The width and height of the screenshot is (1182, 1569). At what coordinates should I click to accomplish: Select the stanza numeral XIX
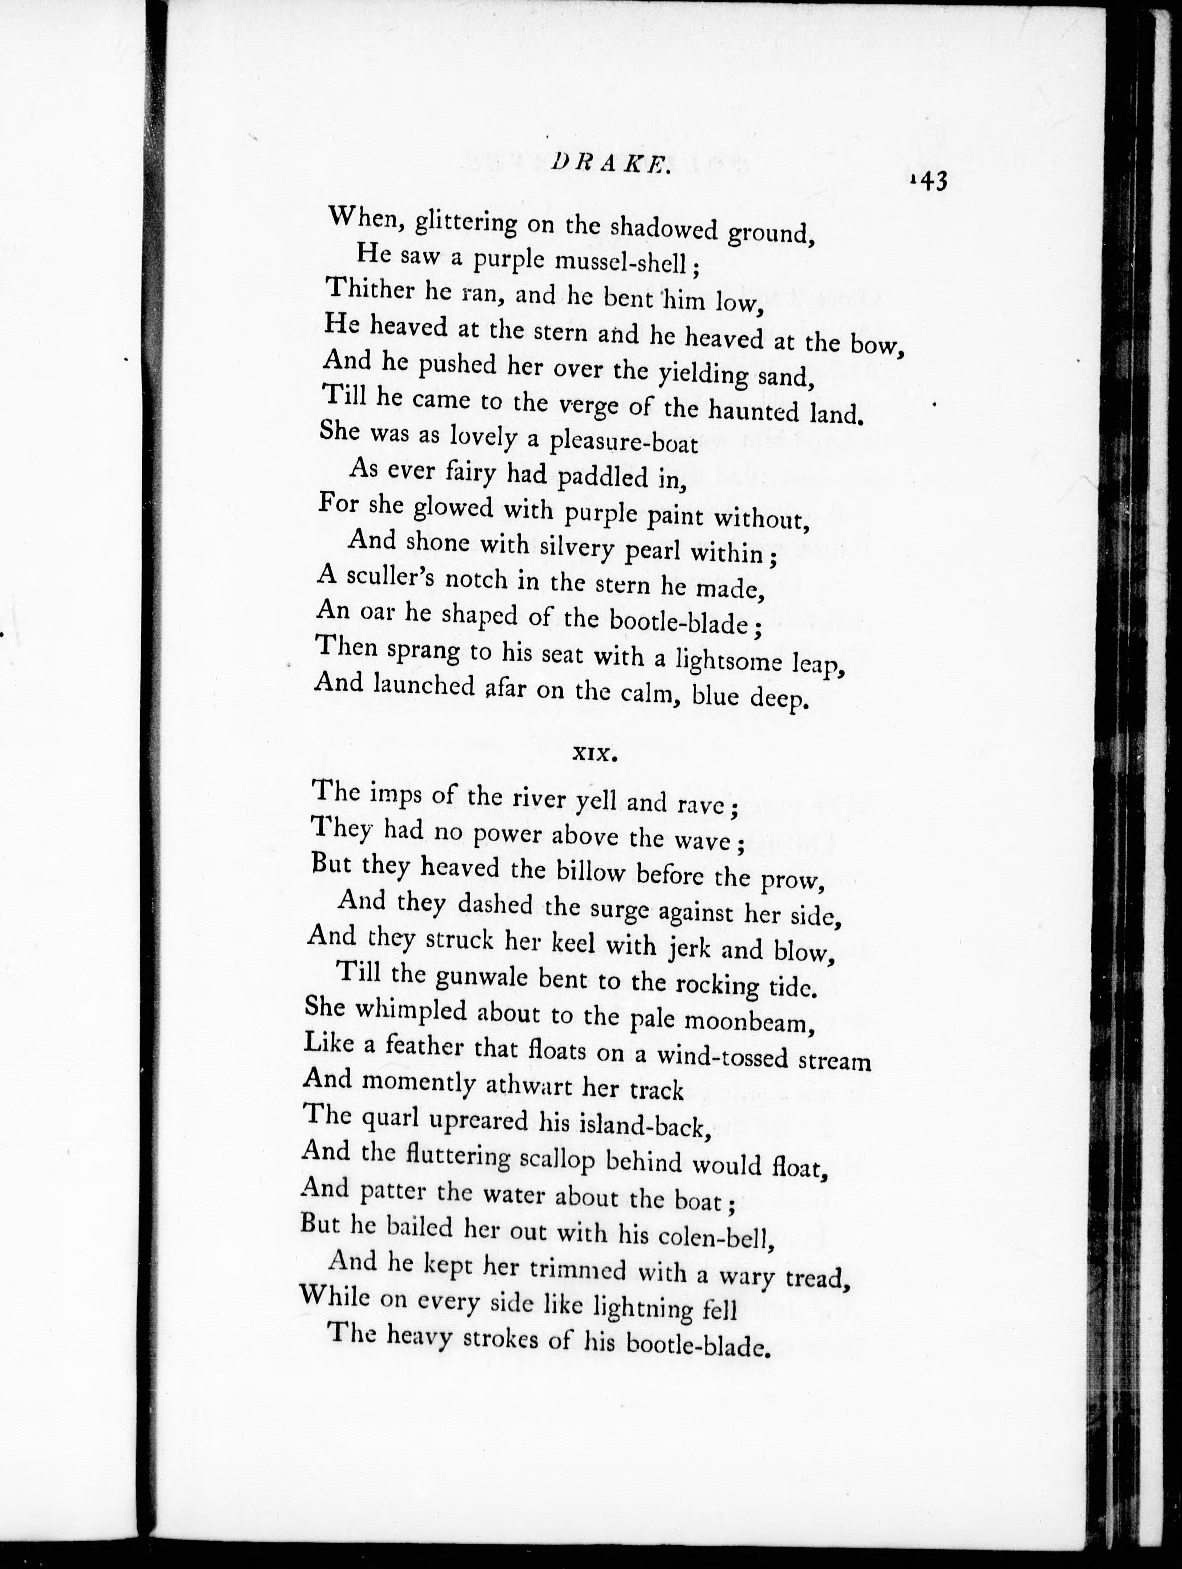595,754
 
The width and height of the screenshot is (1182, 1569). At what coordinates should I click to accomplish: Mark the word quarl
393,1119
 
